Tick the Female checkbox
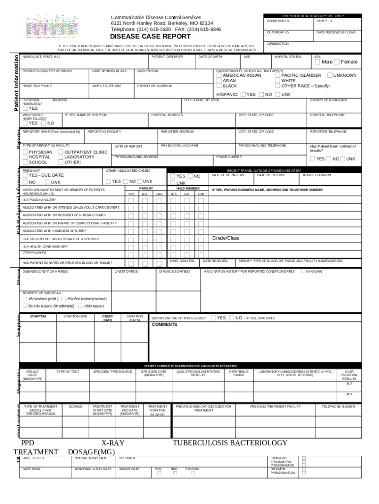tap(337, 62)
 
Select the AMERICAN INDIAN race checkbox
tap(220, 75)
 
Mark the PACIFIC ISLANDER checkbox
tap(278, 75)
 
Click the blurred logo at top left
tap(46, 23)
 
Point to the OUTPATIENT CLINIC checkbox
tap(61, 152)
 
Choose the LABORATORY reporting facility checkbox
tap(61, 157)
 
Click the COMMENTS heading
tap(164, 325)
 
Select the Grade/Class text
tap(225, 238)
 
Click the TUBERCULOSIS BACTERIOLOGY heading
tap(230, 443)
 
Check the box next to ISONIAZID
tap(304, 458)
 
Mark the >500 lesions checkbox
tap(80, 306)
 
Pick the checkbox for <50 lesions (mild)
tap(25, 299)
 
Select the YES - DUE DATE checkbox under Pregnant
tap(25, 175)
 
